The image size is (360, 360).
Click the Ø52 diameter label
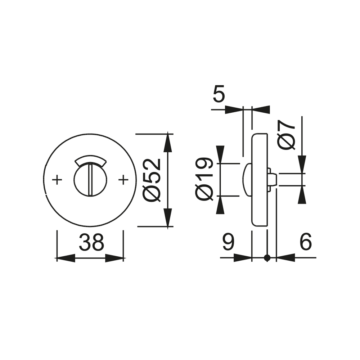(151, 180)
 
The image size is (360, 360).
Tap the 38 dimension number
(91, 242)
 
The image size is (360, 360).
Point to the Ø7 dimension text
(286, 135)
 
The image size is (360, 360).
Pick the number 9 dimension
(228, 242)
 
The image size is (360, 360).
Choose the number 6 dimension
(306, 242)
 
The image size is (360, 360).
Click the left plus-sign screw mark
(57, 180)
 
